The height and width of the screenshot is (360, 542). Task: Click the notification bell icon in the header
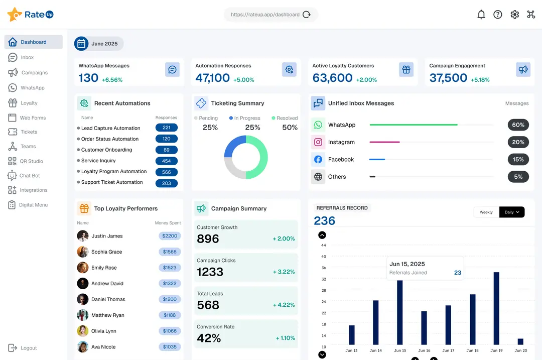pyautogui.click(x=481, y=15)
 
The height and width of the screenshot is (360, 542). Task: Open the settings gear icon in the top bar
pyautogui.click(x=514, y=15)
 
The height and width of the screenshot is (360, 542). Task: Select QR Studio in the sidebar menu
pyautogui.click(x=31, y=161)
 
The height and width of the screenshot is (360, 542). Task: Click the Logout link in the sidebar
pyautogui.click(x=29, y=348)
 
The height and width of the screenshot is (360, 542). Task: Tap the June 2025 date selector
pyautogui.click(x=99, y=44)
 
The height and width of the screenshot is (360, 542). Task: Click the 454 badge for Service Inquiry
pyautogui.click(x=167, y=161)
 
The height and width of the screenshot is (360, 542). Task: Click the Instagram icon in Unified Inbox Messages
pyautogui.click(x=318, y=142)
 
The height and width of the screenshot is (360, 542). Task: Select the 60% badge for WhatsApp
pyautogui.click(x=518, y=125)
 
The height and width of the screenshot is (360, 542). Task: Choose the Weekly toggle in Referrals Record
pyautogui.click(x=486, y=212)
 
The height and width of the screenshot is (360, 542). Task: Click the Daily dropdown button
pyautogui.click(x=511, y=212)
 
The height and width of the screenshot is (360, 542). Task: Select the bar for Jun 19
pyautogui.click(x=496, y=308)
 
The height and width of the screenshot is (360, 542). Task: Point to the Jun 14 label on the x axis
pyautogui.click(x=376, y=350)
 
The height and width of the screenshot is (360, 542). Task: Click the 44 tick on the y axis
pyautogui.click(x=324, y=246)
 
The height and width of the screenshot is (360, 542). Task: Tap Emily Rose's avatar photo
pyautogui.click(x=83, y=268)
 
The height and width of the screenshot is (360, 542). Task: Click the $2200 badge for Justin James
pyautogui.click(x=170, y=236)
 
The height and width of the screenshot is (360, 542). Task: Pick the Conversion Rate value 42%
pyautogui.click(x=209, y=338)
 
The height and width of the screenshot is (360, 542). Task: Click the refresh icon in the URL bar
pyautogui.click(x=307, y=15)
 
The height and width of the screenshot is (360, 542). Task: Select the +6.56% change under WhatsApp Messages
pyautogui.click(x=112, y=80)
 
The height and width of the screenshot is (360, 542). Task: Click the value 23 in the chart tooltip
pyautogui.click(x=457, y=273)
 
